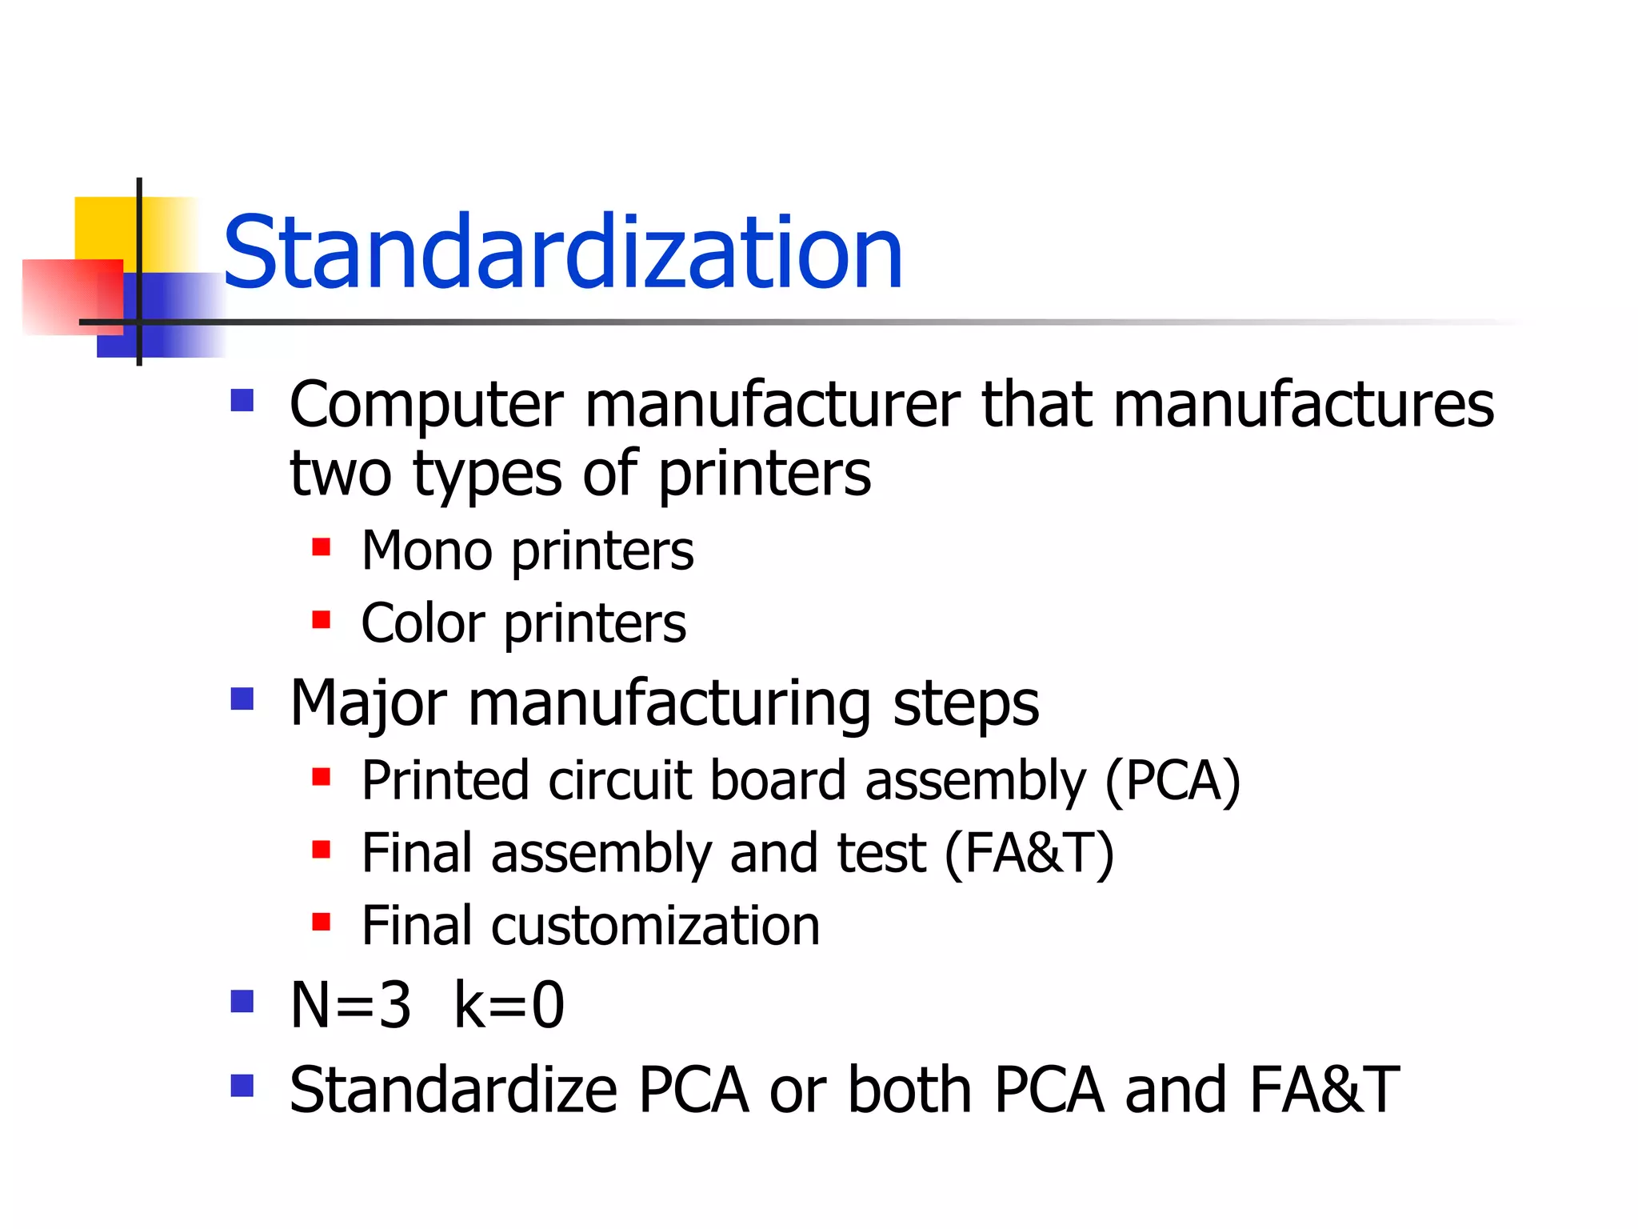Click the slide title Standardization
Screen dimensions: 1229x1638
[562, 253]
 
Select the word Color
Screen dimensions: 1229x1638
[422, 623]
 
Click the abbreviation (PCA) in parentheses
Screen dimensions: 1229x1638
[1173, 780]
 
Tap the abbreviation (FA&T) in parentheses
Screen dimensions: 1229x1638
[1029, 853]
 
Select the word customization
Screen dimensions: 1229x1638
[655, 926]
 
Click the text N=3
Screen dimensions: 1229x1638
[351, 1005]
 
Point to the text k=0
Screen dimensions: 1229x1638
[509, 1005]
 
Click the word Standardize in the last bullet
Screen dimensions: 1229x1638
[453, 1090]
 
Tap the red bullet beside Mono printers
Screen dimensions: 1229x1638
[322, 547]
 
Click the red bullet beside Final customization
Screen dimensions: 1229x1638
[322, 922]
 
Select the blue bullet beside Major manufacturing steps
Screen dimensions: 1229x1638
[242, 699]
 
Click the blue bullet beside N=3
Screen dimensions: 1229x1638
[242, 1001]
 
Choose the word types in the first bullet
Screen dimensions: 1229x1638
[487, 474]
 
